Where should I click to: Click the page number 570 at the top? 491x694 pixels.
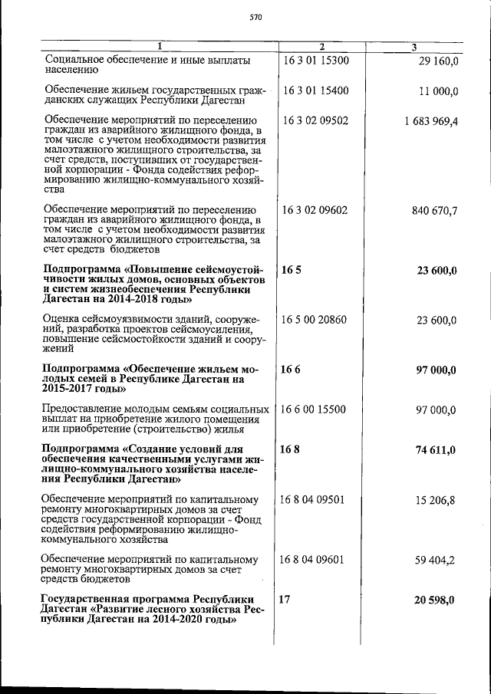point(256,18)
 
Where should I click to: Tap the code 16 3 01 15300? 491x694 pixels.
point(315,59)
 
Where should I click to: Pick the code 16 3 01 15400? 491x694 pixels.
point(315,90)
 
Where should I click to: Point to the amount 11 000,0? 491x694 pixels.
point(438,91)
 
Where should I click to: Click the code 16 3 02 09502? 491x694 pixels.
point(315,121)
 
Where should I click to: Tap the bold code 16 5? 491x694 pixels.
point(289,271)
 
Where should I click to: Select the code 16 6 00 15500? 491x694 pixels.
point(315,410)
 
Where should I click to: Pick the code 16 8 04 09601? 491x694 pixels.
point(315,560)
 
